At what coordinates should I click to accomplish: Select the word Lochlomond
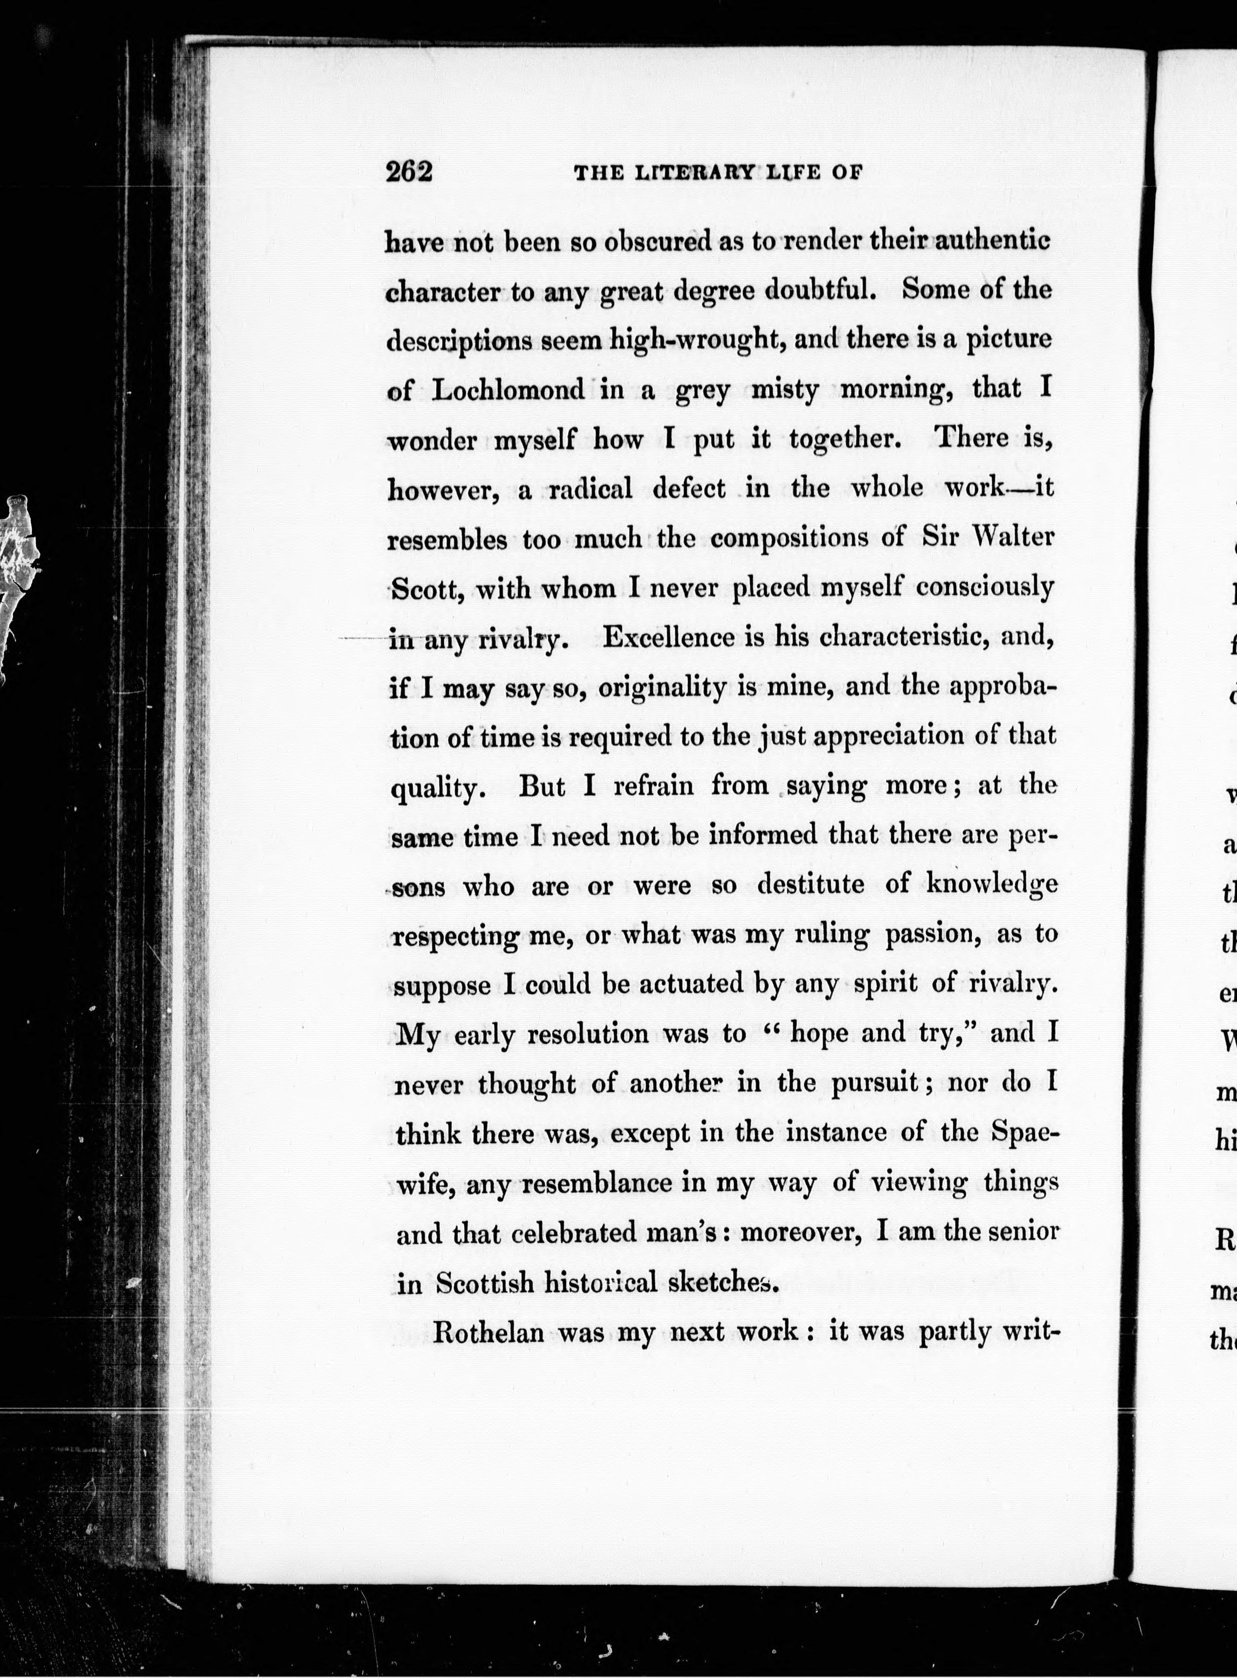[x=509, y=390]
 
